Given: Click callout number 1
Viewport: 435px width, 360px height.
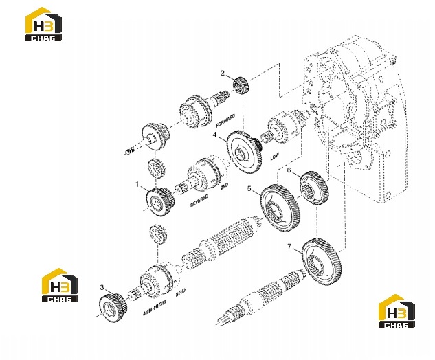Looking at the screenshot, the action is coord(137,184).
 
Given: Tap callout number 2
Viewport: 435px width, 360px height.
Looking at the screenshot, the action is coord(223,74).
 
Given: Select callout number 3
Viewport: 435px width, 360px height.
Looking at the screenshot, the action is coord(102,287).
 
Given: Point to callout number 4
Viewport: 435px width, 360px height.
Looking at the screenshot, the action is coord(214,135).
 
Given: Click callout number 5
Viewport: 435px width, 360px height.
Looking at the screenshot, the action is coord(249,189).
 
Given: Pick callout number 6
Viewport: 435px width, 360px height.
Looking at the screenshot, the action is coord(289,170).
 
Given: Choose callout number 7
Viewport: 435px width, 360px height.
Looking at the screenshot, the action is coord(289,246).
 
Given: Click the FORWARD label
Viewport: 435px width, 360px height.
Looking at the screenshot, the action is coord(225,121).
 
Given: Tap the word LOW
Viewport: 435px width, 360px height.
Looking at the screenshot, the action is coord(275,157).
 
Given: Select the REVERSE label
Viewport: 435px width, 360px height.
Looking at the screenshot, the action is coord(199,201).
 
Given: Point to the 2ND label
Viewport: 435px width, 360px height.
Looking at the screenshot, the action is coord(224,186).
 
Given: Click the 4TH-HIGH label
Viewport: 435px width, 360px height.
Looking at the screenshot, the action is coord(154,308).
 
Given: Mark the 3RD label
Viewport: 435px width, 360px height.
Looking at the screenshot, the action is coord(181,293).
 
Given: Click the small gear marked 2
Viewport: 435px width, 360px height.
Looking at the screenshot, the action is coord(241,86).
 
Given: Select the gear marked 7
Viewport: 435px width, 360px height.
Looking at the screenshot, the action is coord(321,262).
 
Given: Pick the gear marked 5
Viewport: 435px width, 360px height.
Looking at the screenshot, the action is coord(280,208).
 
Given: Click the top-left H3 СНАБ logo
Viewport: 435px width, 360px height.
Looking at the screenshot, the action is coord(43,25).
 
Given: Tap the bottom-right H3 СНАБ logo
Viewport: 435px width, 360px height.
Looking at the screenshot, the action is coord(397,311).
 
